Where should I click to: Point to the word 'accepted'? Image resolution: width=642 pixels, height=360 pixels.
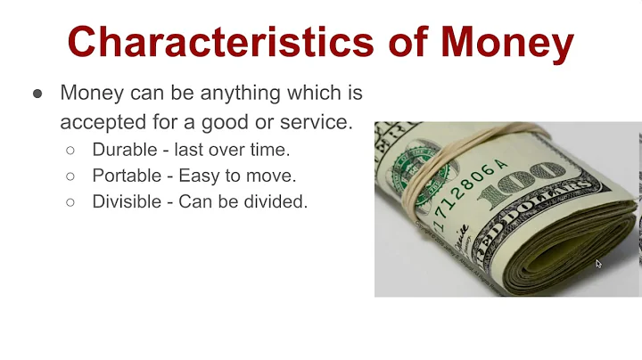(x=106, y=122)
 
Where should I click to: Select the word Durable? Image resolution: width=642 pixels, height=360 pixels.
(x=125, y=151)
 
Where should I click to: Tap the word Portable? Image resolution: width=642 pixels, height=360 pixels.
(x=127, y=176)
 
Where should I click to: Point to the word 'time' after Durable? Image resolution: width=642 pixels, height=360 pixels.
(x=271, y=151)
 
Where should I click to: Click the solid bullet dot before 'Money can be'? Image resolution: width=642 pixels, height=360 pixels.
(x=37, y=94)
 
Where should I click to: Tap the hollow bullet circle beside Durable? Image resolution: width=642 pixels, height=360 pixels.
(x=70, y=151)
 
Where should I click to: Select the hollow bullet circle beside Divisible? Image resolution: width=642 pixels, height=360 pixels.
(x=70, y=202)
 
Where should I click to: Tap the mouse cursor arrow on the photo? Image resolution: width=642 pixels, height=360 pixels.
(x=599, y=264)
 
